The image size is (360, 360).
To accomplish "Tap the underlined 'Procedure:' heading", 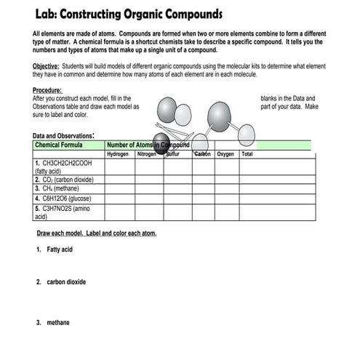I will [48, 90].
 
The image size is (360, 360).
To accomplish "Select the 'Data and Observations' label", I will [64, 135].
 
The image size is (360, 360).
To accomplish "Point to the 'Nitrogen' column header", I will [146, 154].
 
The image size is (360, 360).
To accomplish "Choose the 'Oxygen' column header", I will [225, 154].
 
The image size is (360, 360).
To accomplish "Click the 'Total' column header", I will [247, 154].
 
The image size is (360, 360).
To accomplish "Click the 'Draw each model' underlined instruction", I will [96, 233].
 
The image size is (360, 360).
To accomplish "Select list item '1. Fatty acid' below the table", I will [55, 249].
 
